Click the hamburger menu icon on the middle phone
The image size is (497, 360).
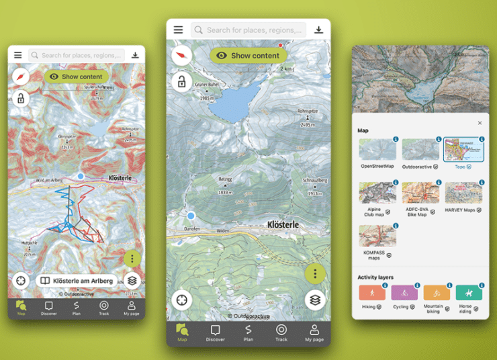[x=178, y=30]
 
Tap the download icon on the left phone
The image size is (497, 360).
[x=135, y=55]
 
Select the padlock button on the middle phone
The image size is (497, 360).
[x=181, y=83]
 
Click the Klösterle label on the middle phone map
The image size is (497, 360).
[x=286, y=224]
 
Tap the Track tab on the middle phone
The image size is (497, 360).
[x=281, y=332]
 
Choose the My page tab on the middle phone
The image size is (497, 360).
[x=314, y=332]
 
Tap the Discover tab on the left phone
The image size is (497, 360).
[x=48, y=308]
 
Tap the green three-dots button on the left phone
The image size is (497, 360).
[x=132, y=259]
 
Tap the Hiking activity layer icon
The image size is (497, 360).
[x=371, y=293]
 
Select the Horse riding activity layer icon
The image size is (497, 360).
[x=469, y=293]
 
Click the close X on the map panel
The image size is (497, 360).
[x=480, y=123]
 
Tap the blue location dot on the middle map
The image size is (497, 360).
[x=191, y=216]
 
